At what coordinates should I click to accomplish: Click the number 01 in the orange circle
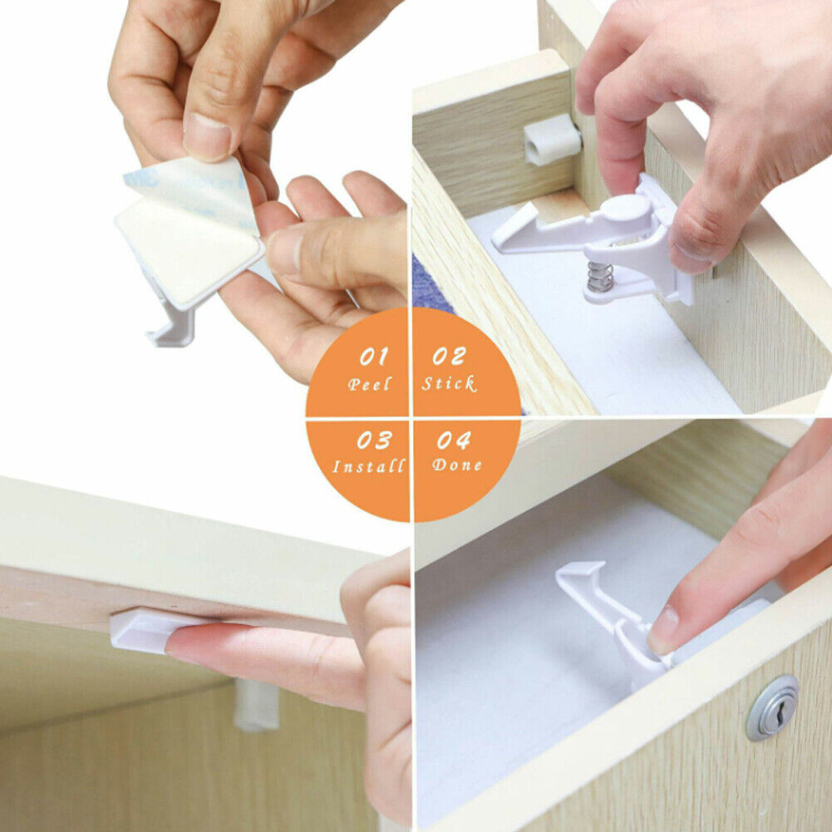(373, 357)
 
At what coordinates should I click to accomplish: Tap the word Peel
(369, 384)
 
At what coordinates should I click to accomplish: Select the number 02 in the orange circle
(449, 356)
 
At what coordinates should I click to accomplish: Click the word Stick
(449, 383)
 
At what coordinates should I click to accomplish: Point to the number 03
(374, 440)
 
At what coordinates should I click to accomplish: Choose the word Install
(369, 466)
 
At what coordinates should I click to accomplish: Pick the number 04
(454, 440)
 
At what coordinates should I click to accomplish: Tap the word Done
(457, 465)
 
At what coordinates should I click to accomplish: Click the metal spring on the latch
(600, 277)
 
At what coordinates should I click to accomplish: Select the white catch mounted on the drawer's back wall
(552, 139)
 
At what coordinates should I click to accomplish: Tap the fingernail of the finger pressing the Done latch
(661, 632)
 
